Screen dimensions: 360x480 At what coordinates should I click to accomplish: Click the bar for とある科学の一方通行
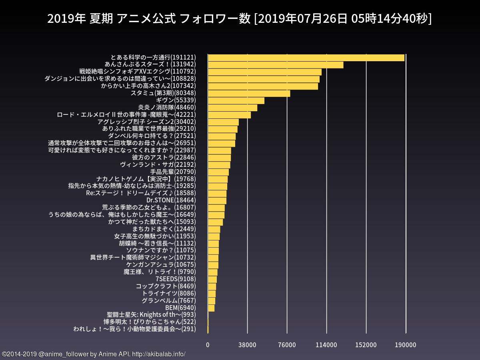coord(306,57)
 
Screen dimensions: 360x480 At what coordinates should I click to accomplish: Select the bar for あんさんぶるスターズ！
coord(276,64)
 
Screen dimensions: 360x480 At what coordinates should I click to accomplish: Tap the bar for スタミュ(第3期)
coord(249,93)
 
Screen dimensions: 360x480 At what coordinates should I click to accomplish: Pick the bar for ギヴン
coord(236,100)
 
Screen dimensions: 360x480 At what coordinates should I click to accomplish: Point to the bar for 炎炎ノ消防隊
coord(232,108)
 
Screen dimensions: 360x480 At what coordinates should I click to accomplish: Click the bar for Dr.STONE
coord(217,200)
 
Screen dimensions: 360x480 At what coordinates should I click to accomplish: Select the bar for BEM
coord(211,308)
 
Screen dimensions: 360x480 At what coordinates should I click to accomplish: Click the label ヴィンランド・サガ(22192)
coord(158,164)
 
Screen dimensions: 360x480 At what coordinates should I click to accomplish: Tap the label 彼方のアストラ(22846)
coord(164,157)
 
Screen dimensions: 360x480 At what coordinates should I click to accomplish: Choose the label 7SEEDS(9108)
coord(176,279)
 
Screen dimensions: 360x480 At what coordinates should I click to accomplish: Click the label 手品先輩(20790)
coord(173,172)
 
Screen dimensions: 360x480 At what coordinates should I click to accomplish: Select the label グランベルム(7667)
coord(169,300)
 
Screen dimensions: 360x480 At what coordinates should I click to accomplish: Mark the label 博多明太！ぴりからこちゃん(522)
coord(150,322)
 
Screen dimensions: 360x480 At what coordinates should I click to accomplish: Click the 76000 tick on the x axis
coord(287,345)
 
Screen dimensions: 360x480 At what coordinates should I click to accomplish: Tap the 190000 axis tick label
coord(406,345)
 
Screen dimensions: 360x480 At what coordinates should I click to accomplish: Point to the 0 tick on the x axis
coord(208,345)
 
